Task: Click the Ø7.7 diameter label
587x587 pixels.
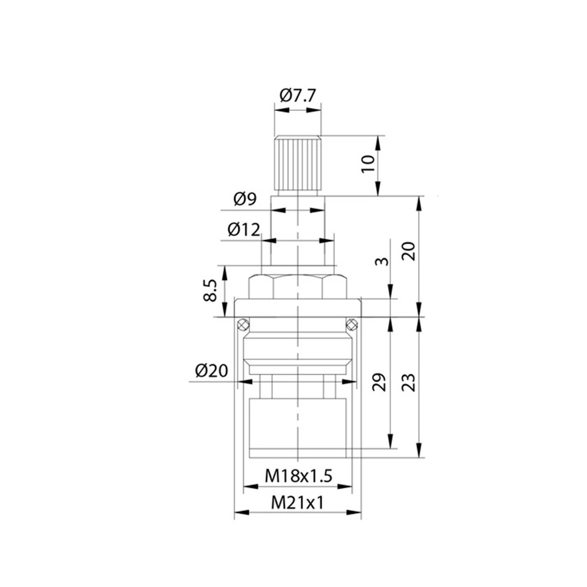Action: click(298, 96)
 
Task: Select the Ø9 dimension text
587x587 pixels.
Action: click(245, 198)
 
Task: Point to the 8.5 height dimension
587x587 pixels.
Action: click(210, 290)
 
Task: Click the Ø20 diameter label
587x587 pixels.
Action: click(211, 370)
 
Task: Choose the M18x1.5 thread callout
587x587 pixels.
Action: click(298, 476)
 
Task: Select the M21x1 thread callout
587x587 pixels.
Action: click(297, 503)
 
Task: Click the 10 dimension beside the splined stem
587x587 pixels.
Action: click(368, 164)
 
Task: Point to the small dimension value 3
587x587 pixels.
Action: click(382, 261)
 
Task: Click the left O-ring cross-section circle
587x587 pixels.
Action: click(242, 324)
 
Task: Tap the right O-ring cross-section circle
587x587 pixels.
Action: click(352, 324)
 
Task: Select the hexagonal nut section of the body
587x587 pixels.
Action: click(298, 286)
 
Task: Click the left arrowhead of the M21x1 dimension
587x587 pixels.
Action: click(242, 512)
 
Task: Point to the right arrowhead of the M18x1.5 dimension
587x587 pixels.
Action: click(345, 487)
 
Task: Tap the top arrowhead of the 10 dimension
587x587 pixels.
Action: click(378, 143)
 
